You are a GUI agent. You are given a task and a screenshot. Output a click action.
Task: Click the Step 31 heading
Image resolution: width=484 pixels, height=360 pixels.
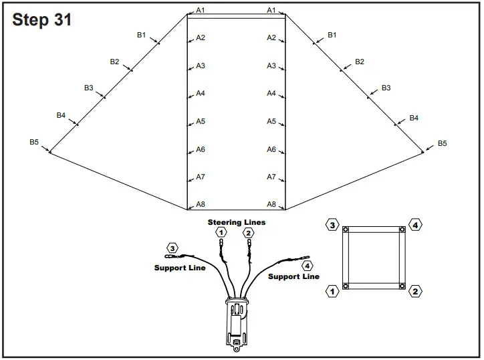tap(41, 20)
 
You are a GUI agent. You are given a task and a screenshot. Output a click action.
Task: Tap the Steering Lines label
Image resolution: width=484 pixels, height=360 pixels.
tap(236, 222)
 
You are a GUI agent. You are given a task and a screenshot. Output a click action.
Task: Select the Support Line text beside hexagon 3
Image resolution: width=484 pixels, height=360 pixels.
tap(180, 268)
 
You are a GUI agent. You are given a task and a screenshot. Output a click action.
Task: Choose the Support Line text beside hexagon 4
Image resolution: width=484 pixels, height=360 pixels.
tap(293, 276)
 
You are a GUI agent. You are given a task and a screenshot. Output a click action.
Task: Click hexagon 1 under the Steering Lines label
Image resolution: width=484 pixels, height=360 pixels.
tap(221, 232)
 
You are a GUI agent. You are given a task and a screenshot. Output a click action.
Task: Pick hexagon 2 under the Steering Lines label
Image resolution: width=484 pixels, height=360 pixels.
tap(249, 233)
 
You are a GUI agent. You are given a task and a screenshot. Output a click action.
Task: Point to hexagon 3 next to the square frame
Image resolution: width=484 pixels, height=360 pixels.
tap(332, 225)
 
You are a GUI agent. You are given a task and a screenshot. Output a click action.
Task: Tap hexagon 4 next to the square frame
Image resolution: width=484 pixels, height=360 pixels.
tap(415, 225)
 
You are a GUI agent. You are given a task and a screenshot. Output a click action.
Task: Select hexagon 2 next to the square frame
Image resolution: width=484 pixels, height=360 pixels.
tap(415, 290)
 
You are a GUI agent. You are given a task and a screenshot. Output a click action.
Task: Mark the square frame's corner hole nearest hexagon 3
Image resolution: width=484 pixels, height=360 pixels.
tap(346, 230)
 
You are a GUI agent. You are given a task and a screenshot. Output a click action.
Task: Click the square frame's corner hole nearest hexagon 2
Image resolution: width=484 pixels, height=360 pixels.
tap(402, 286)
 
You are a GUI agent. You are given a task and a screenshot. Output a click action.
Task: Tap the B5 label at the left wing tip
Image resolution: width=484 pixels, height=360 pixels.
tap(34, 142)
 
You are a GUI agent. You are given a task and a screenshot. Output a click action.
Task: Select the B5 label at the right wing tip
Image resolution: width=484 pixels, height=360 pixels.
tap(442, 143)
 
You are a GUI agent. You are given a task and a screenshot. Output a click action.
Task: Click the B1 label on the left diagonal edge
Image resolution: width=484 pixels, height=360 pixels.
tap(141, 35)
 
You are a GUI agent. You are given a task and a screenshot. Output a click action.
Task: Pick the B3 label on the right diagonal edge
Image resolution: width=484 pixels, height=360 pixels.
tap(386, 88)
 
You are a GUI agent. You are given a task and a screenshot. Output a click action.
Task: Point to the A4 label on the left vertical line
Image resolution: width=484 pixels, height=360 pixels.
tap(201, 94)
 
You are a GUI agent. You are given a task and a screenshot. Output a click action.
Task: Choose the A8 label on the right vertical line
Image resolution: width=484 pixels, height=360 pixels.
tap(271, 204)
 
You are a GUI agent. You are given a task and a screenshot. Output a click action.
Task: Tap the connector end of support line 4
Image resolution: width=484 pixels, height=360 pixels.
tap(306, 256)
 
